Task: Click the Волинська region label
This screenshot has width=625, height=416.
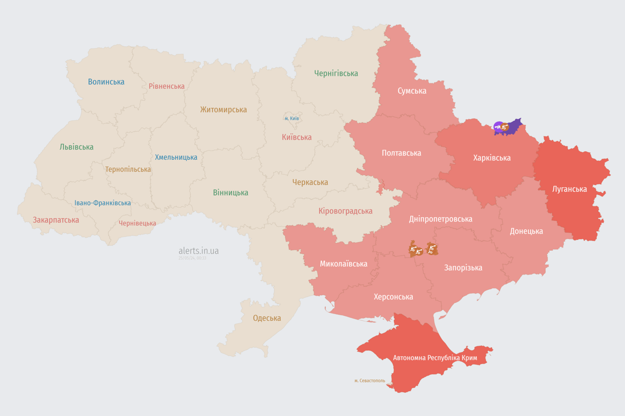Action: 106,82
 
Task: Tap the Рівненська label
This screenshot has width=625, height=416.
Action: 167,86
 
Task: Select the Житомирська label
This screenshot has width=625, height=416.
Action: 223,109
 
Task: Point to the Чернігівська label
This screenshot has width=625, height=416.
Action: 336,73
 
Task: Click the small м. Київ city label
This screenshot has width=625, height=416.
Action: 292,118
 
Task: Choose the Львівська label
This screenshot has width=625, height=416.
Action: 76,147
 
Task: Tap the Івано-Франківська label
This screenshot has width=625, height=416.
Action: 103,203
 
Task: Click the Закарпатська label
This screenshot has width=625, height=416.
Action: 56,220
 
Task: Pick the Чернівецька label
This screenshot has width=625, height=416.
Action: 137,223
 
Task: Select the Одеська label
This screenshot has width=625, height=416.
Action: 267,318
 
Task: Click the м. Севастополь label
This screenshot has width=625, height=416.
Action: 369,381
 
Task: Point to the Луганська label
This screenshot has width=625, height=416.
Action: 569,189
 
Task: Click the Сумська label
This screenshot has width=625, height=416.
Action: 412,90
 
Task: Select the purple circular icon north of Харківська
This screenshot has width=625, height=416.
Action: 498,127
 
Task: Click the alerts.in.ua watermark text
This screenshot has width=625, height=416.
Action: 199,251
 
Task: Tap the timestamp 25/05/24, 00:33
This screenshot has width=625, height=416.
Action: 192,258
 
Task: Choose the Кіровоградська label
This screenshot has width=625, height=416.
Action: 345,211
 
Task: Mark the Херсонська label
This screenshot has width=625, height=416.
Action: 393,297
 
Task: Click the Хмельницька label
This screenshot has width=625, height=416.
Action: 176,157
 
